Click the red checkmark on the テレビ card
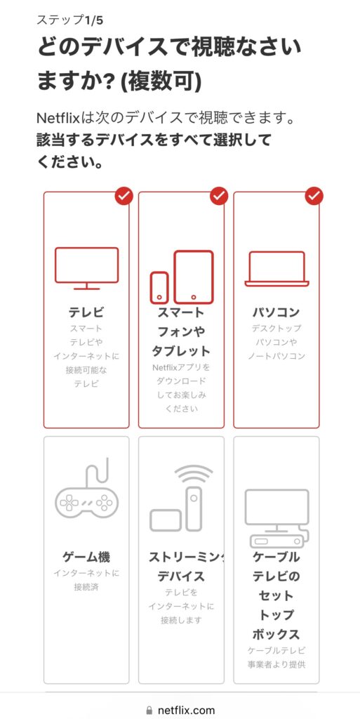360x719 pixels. coord(124,197)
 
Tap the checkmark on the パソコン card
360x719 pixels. coord(314,197)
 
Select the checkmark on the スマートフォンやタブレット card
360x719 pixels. coord(219,197)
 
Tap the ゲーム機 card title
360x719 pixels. coord(86,557)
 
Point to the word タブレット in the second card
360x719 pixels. coord(181,351)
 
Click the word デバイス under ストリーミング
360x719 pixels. coord(181,576)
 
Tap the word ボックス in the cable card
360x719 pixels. coord(276,634)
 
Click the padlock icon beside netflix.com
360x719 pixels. coord(149,711)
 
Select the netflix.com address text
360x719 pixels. coord(185,711)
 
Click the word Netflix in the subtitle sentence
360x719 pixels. coord(60,117)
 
